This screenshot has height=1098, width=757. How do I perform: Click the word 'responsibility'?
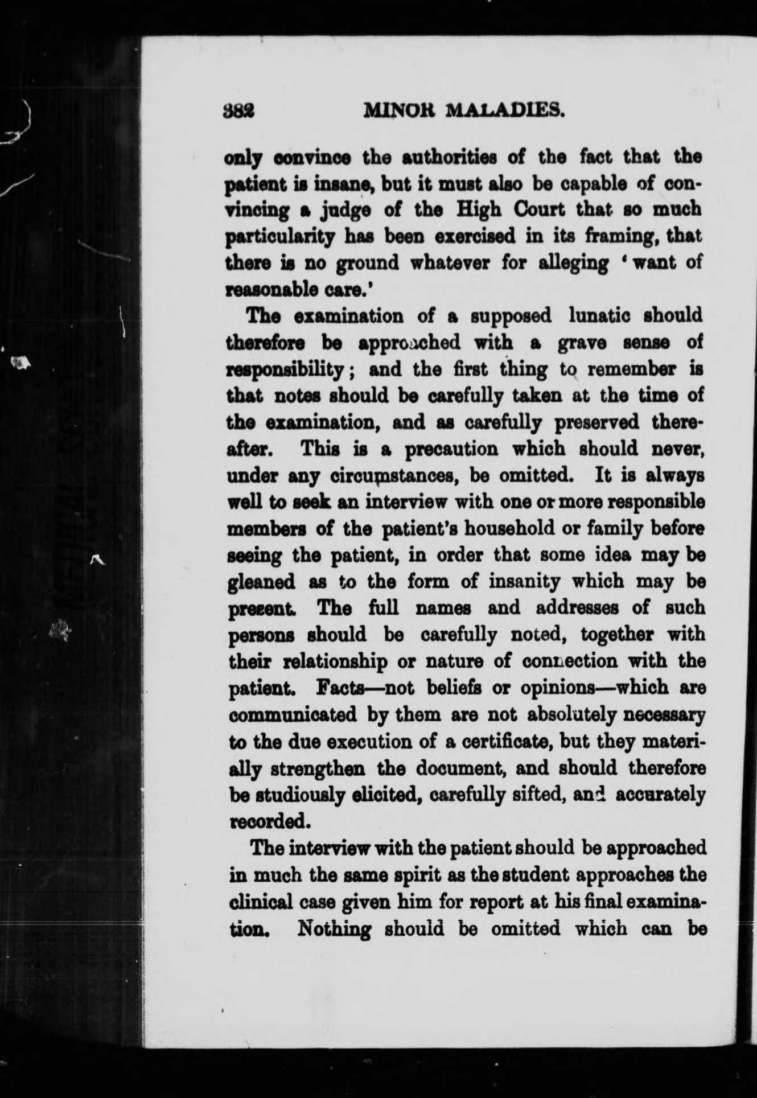[x=292, y=371]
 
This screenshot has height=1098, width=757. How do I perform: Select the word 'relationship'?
[x=328, y=662]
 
